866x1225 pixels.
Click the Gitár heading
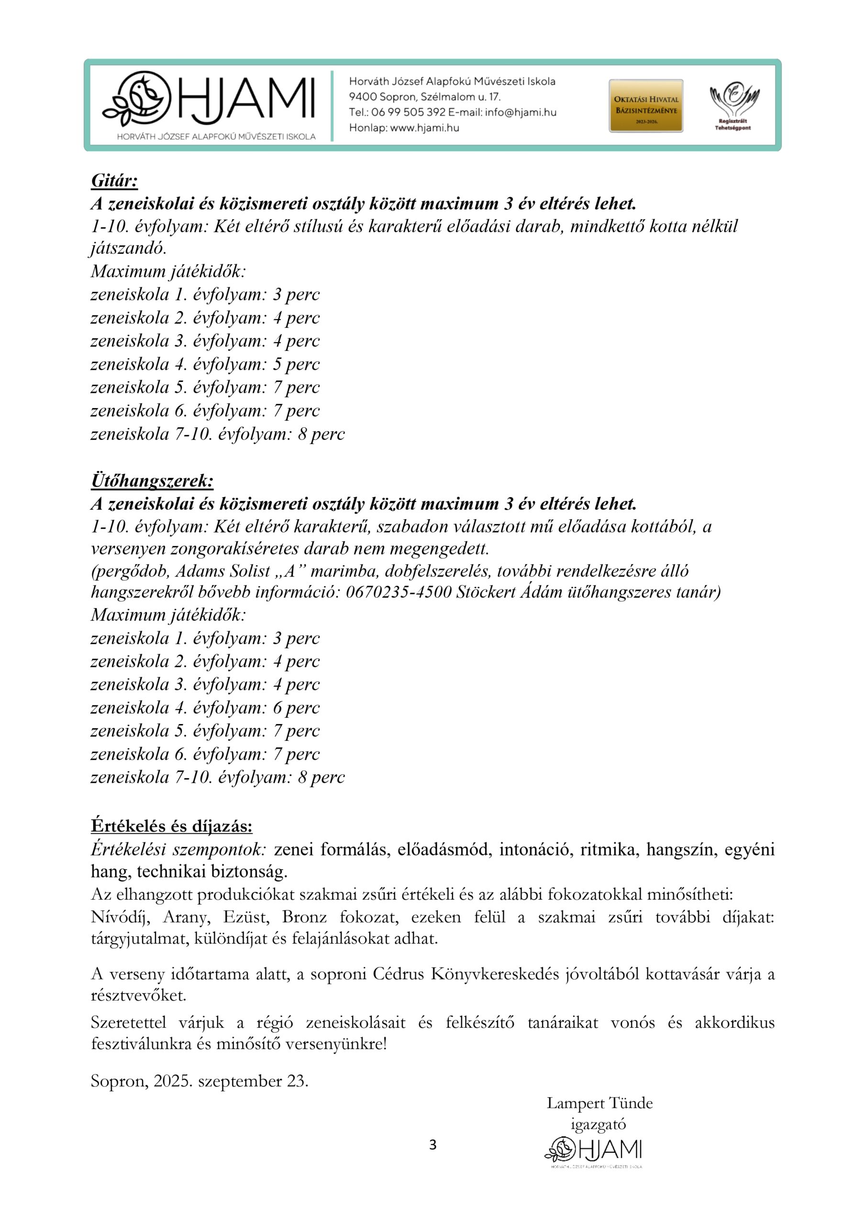[114, 181]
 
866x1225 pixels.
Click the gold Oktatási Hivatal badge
[645, 106]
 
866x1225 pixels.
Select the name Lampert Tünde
[599, 1103]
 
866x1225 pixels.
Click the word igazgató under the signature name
[598, 1125]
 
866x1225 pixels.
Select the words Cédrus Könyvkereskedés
[465, 974]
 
